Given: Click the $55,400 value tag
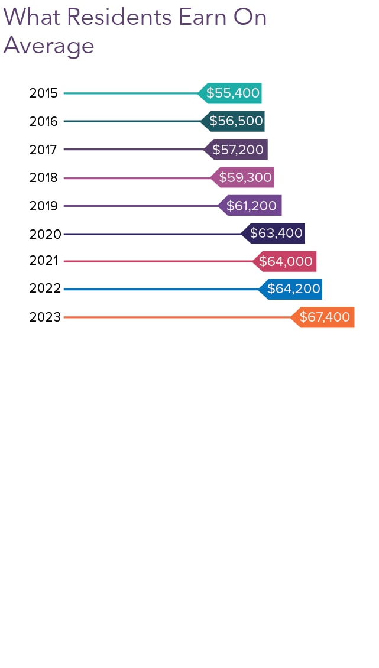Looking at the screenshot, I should (231, 93).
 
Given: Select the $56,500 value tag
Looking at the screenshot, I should (234, 121).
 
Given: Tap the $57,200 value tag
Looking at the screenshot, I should (237, 150).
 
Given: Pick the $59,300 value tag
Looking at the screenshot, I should (244, 177).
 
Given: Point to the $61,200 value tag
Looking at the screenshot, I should (251, 206).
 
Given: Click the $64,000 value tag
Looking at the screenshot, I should (286, 261).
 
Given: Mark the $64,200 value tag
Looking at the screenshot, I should (292, 289).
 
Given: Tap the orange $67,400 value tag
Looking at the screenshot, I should (323, 317).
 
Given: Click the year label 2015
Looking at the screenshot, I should (44, 93).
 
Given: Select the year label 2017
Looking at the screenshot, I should (44, 150).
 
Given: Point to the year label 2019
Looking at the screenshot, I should (44, 206).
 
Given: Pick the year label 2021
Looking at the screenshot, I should (44, 261).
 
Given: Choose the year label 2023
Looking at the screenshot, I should (45, 317).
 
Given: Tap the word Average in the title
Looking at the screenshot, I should (48, 46).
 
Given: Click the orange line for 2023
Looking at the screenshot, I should (177, 317).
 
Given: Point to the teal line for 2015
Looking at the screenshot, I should (130, 93).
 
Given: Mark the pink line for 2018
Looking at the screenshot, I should (136, 177).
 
